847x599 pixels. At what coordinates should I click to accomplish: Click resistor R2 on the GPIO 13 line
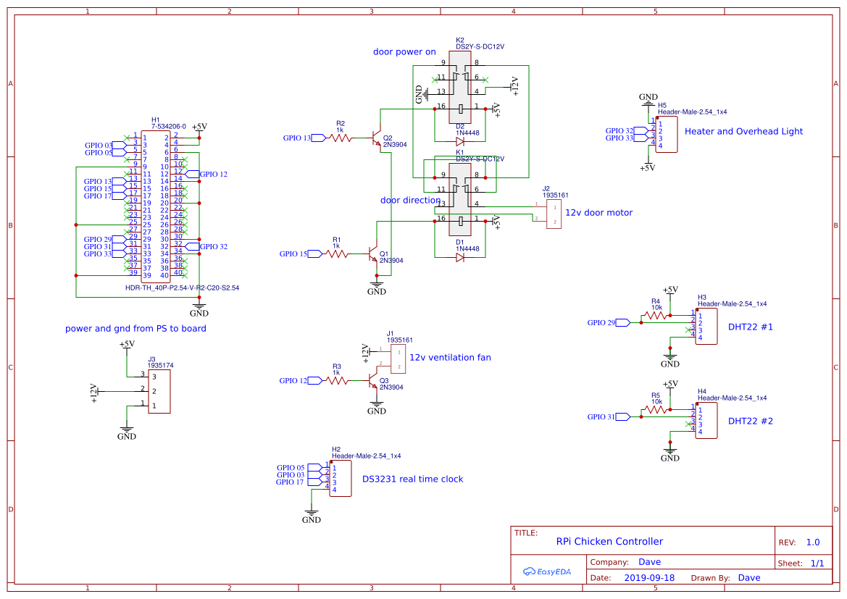pos(341,138)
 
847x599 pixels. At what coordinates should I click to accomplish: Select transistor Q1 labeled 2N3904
pos(375,255)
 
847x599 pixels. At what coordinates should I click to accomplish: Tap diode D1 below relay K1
pos(459,257)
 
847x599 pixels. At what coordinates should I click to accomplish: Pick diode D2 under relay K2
pos(459,142)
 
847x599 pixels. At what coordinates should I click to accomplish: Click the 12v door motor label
pos(598,213)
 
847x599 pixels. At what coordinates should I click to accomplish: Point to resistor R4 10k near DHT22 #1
pos(656,317)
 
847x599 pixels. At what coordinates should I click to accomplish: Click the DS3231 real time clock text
pos(412,479)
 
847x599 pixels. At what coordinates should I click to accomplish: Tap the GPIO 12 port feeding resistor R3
pos(317,380)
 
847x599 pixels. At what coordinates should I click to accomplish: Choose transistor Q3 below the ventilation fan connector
pos(373,380)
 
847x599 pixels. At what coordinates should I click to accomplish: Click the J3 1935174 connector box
pos(159,391)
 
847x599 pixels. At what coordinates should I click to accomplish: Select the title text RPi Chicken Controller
pos(609,541)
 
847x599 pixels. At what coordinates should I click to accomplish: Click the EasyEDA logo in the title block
pos(547,571)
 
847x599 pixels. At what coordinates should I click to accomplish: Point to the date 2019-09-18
pos(648,578)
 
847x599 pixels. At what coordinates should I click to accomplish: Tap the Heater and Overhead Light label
pos(743,132)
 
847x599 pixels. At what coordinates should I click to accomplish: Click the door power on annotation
pos(404,52)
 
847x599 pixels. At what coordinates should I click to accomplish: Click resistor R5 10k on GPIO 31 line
pos(656,410)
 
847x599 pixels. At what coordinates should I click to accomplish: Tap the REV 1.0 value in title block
pos(812,542)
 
